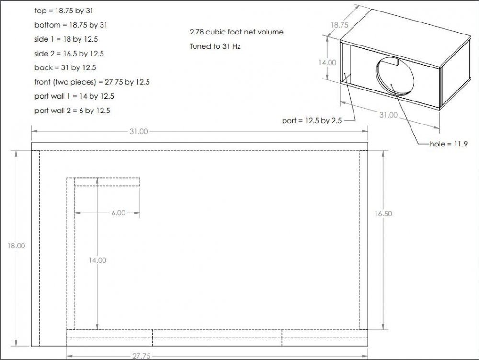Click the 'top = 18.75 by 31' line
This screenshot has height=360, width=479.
pos(64,11)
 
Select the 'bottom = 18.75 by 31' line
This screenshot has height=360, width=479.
pos(71,25)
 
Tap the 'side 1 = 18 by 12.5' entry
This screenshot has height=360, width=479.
pos(66,39)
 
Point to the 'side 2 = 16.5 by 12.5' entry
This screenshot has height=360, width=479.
pos(69,54)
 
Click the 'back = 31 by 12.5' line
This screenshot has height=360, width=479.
pos(65,67)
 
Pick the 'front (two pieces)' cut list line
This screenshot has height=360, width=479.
pos(92,82)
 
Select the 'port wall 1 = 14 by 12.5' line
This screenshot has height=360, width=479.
pos(74,96)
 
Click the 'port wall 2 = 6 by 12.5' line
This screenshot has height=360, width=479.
pos(72,111)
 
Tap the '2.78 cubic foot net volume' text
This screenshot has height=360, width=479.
pos(237,32)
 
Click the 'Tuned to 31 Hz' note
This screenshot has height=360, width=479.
pos(215,46)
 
